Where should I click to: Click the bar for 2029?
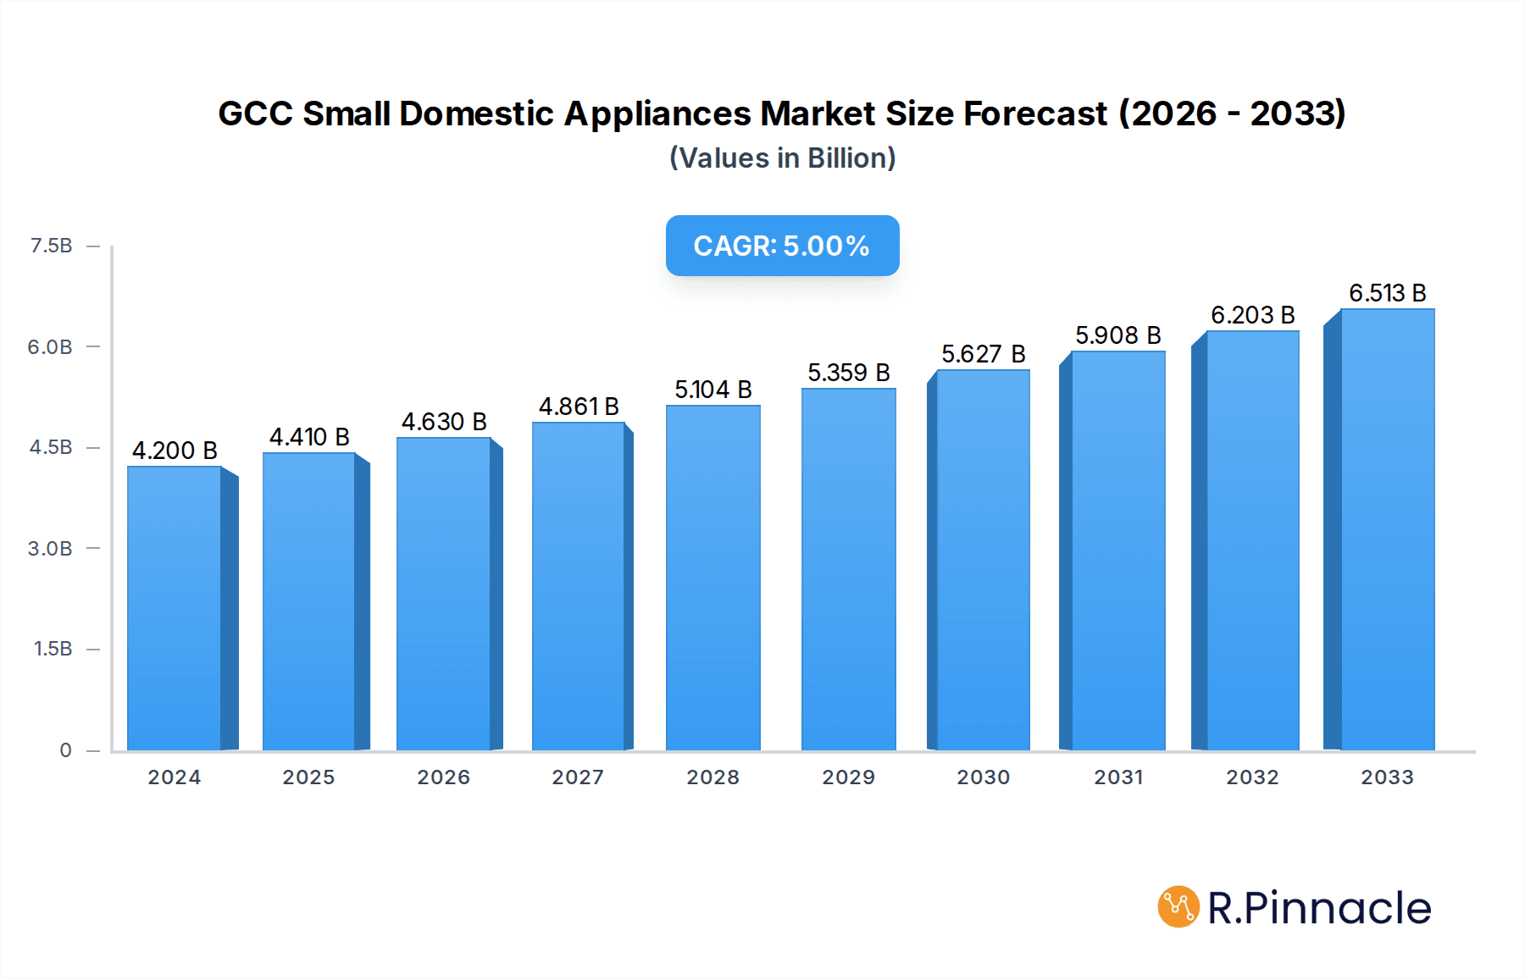tap(848, 569)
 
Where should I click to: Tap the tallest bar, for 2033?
tap(1387, 529)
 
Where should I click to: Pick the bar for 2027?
tap(579, 586)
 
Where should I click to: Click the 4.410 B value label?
tap(309, 437)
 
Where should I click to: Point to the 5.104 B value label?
tap(713, 390)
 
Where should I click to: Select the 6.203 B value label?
tap(1252, 315)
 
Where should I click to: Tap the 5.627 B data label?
tap(983, 354)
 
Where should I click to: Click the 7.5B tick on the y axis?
tap(51, 246)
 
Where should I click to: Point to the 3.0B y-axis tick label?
tap(50, 548)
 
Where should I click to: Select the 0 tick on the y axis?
tap(65, 749)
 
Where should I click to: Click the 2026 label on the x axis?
tap(443, 777)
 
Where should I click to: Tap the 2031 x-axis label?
tap(1118, 777)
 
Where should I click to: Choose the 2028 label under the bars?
tap(713, 777)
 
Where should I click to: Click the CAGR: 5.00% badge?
tap(782, 246)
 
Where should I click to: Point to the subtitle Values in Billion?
tap(782, 158)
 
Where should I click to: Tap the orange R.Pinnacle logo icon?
tap(1178, 907)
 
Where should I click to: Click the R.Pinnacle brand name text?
tap(1318, 908)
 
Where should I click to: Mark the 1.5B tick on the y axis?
tap(53, 649)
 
